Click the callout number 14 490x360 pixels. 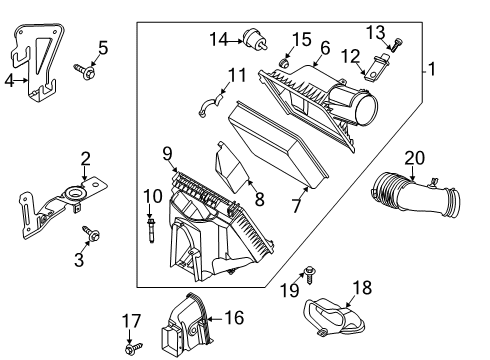218,39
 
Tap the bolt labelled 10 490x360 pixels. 151,230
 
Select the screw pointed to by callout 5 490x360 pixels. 85,71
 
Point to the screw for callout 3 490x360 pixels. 92,233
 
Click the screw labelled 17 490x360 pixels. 134,348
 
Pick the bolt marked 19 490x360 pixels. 310,275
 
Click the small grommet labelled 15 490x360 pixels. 284,63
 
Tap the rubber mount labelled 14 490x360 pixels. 255,39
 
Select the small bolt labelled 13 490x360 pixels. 396,45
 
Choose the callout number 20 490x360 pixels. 415,158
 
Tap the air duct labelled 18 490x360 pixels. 334,317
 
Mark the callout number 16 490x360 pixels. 235,318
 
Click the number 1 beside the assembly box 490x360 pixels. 432,69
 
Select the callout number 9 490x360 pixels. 167,154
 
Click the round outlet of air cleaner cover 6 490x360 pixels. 366,109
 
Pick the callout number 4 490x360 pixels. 9,81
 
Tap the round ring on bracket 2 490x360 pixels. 74,193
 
